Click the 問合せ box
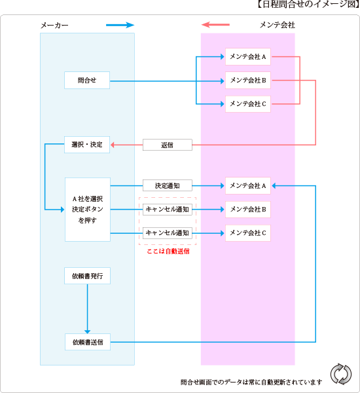[x=87, y=81]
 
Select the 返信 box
[x=168, y=145]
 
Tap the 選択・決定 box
[x=87, y=144]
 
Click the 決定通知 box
[x=168, y=185]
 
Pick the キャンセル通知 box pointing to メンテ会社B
[x=168, y=210]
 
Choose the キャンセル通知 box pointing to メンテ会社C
[x=168, y=233]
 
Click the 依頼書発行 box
[x=87, y=276]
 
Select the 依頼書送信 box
[x=87, y=342]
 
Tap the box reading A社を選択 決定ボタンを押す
[x=87, y=210]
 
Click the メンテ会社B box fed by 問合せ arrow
[x=247, y=81]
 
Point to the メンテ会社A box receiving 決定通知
[x=247, y=185]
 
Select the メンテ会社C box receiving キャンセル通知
[x=247, y=233]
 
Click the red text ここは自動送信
[x=168, y=251]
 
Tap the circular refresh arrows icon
[x=340, y=373]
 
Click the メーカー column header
[x=54, y=25]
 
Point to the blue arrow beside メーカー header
[x=120, y=25]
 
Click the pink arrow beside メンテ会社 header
[x=216, y=25]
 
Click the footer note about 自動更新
[x=251, y=382]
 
